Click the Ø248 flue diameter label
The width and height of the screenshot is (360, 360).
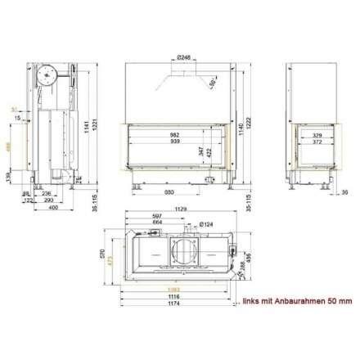184,58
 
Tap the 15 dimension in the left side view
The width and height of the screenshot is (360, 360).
17,119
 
